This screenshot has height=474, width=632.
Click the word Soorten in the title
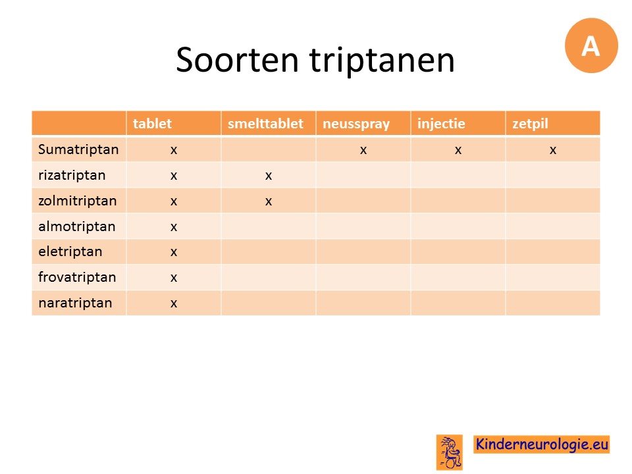pos(238,60)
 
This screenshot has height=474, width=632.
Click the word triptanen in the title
pos(382,61)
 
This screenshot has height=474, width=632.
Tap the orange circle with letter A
pos(591,45)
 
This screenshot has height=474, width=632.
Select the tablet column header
pos(152,123)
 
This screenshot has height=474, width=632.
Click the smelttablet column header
pos(265,123)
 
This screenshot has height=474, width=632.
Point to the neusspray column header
pos(356,124)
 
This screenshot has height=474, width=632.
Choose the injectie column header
pos(441,123)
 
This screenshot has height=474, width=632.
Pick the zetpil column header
pos(530,124)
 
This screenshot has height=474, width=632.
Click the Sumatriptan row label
pos(78,149)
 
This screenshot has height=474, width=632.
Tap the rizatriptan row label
pos(72,175)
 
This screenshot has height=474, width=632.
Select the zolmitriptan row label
pos(78,201)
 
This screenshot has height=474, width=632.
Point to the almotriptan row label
pos(76,226)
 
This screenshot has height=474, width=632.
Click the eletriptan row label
pos(70,252)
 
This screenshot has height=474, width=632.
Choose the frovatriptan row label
pos(77,277)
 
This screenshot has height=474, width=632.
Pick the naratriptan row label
pos(75,303)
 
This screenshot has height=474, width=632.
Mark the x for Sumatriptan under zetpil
pos(552,150)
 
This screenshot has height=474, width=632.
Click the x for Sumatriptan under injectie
pos(458,150)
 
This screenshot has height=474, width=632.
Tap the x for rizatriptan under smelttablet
pos(269,176)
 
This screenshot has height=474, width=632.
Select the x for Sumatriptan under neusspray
pos(363,150)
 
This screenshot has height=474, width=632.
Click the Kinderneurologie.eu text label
pos(542,444)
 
